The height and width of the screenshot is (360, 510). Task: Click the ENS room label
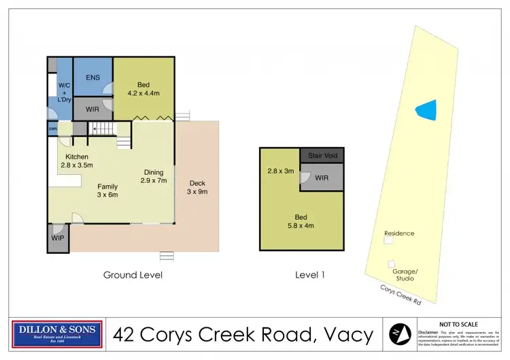click(92, 78)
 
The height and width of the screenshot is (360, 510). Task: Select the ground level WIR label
click(92, 109)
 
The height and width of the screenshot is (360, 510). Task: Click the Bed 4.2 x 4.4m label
click(143, 90)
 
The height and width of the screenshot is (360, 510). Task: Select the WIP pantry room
click(58, 239)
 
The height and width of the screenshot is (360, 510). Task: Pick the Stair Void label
click(322, 155)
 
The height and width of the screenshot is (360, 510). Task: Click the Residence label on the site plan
click(399, 233)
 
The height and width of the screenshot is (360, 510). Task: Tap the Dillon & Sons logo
click(58, 333)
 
